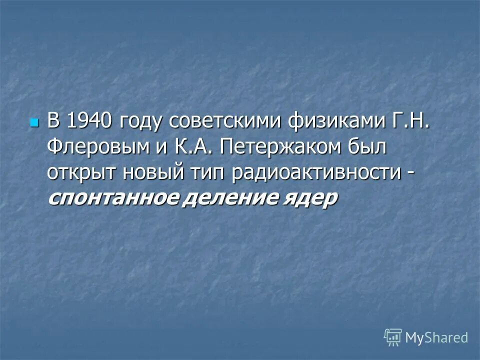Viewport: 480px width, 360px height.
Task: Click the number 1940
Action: coord(88,121)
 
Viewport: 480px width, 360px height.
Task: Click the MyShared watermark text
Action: coord(436,337)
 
